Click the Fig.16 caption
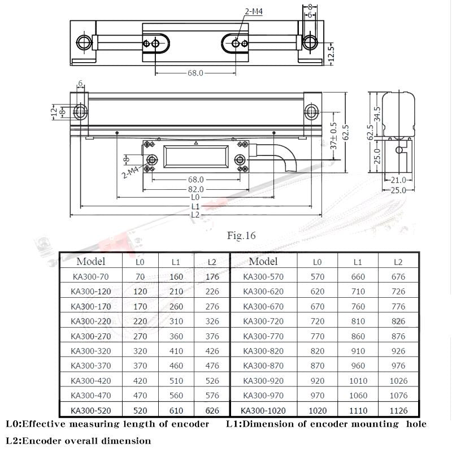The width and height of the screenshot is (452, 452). pos(241,236)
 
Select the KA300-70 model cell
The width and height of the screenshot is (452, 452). pos(91,277)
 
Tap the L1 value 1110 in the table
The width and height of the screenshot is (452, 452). pos(358,411)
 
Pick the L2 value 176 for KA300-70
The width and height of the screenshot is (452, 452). pos(212,277)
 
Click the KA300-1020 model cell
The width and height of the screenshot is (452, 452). pos(263,411)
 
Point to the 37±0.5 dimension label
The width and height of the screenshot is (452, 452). pos(333,136)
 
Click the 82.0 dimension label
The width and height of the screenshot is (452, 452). pos(195,189)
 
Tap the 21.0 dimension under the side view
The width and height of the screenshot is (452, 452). pos(398,180)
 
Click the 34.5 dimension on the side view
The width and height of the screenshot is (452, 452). pos(377,114)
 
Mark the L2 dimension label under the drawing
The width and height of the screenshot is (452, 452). pos(195,215)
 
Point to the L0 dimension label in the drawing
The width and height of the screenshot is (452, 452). pos(195,197)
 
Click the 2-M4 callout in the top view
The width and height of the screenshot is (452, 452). pos(254,11)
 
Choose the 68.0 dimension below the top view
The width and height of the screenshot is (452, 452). pos(195,73)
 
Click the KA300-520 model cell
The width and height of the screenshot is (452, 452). pos(91,411)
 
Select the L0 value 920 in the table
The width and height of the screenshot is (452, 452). pos(318,381)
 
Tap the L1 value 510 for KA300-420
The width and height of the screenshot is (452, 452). pos(176,381)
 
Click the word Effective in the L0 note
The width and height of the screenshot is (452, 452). pos(44,424)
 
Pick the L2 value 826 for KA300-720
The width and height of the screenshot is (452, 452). pos(398,321)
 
